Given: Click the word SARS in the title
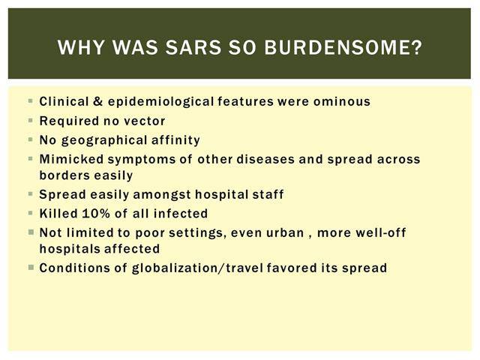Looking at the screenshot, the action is click(193, 47).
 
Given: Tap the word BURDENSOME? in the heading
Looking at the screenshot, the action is click(343, 47).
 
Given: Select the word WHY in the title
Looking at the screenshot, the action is click(81, 47).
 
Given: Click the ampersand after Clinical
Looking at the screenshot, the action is click(98, 101).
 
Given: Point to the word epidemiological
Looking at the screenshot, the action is click(160, 102).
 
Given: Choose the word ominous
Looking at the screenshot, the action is click(342, 102).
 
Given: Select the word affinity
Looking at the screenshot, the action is click(175, 140).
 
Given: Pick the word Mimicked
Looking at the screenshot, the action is click(72, 159).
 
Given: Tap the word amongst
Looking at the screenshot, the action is click(162, 195).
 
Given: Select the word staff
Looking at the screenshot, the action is click(268, 194).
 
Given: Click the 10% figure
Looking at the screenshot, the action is click(96, 214).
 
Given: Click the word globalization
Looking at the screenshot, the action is click(177, 268).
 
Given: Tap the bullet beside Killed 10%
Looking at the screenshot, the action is click(30, 213).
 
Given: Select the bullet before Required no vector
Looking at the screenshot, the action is click(30, 121).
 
